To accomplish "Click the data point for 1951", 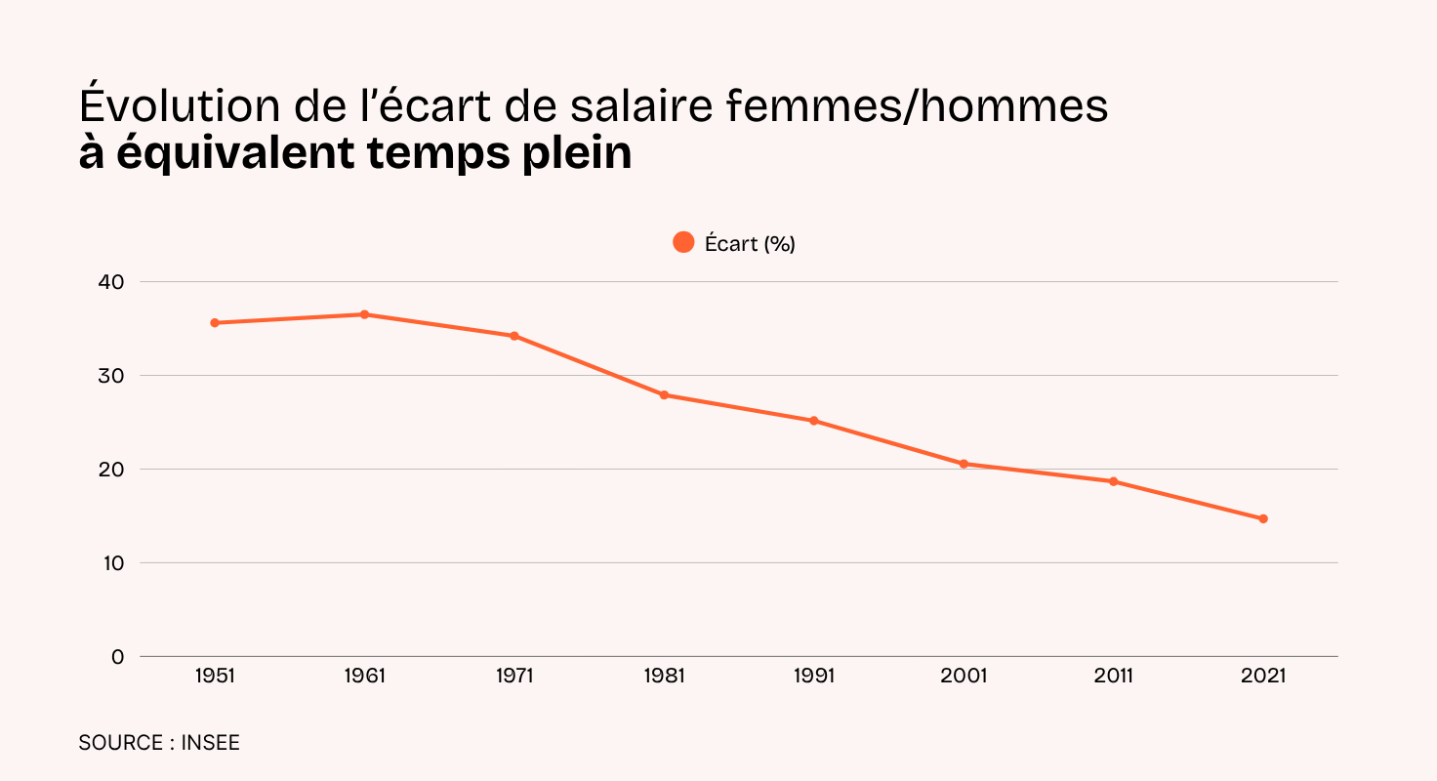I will pos(215,323).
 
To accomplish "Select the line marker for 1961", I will pos(364,314).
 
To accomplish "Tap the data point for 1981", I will pos(664,395).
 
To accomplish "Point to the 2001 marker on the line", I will pos(964,464).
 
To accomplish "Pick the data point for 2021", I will pos(1263,518).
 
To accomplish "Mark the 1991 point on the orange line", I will pos(813,421).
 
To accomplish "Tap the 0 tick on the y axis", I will pos(118,657).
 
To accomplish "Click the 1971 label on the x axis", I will pos(514,676).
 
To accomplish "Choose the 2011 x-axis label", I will pos(1113,676).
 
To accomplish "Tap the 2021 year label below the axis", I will pos(1263,676).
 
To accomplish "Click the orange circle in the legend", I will pos(683,242).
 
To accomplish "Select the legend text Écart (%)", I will pos(750,244).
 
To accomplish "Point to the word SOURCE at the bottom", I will pos(120,743).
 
